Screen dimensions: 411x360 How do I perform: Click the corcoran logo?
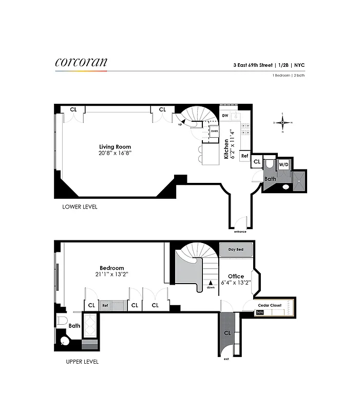coord(81,62)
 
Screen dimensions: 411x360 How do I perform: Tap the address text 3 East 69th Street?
coord(253,65)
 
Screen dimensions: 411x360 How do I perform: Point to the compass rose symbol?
coord(282,122)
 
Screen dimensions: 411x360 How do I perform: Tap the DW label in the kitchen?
coord(225,116)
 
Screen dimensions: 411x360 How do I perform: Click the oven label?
coord(214,131)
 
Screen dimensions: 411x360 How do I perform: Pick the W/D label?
coord(283,165)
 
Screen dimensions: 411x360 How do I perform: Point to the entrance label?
coord(240,232)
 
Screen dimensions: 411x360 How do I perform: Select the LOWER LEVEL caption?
coord(80,207)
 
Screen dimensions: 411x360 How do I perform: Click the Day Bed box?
coord(236,250)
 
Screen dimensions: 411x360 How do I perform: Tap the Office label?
coord(236,276)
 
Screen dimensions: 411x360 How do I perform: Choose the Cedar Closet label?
coord(270,305)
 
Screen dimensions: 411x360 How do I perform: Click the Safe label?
coord(260,312)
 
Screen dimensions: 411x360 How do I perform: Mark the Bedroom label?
coord(112,268)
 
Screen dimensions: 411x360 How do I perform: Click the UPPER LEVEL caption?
coord(82,362)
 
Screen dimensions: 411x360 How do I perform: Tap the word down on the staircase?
coord(210,288)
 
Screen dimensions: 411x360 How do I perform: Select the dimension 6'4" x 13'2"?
coord(236,283)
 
